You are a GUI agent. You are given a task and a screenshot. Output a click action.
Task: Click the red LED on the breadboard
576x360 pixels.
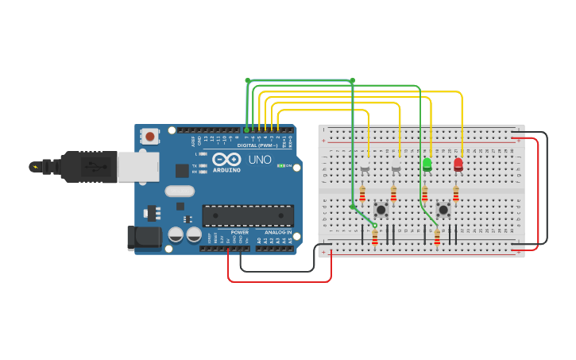pos(458,165)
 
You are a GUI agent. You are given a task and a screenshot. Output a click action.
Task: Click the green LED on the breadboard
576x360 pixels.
pos(427,165)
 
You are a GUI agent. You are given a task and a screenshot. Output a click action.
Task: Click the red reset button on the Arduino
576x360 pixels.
pos(150,137)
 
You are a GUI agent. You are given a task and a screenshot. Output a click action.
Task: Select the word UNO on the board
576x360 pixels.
pos(260,159)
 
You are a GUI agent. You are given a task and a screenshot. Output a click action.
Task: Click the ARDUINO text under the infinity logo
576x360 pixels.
pos(226,170)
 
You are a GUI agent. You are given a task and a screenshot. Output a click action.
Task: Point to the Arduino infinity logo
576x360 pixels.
pos(226,159)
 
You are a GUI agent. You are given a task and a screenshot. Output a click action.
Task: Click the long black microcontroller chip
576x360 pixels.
pos(248,215)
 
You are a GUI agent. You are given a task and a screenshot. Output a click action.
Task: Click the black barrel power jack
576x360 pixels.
pos(141,238)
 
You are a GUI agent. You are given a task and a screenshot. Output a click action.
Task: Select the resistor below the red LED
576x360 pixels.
pos(455,194)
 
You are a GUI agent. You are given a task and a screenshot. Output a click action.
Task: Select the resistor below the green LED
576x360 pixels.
pos(424,194)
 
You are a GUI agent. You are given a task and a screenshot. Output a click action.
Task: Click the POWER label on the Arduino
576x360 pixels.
pos(239,232)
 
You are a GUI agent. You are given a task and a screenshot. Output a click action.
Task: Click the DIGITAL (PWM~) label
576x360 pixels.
pos(255,145)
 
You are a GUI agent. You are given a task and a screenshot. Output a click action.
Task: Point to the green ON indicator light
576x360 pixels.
pos(281,165)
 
